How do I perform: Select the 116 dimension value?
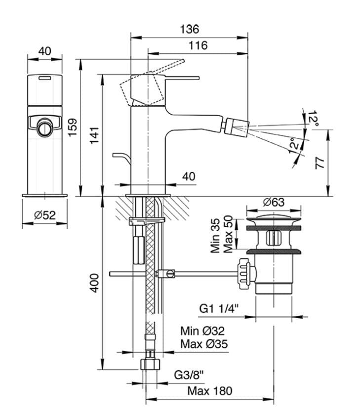tap(198, 45)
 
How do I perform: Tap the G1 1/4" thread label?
tap(219, 309)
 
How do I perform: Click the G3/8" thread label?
tap(189, 375)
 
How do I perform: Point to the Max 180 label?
tap(209, 391)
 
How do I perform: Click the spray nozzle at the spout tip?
tap(234, 125)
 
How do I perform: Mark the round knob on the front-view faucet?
tap(44, 127)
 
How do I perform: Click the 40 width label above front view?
tap(44, 51)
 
